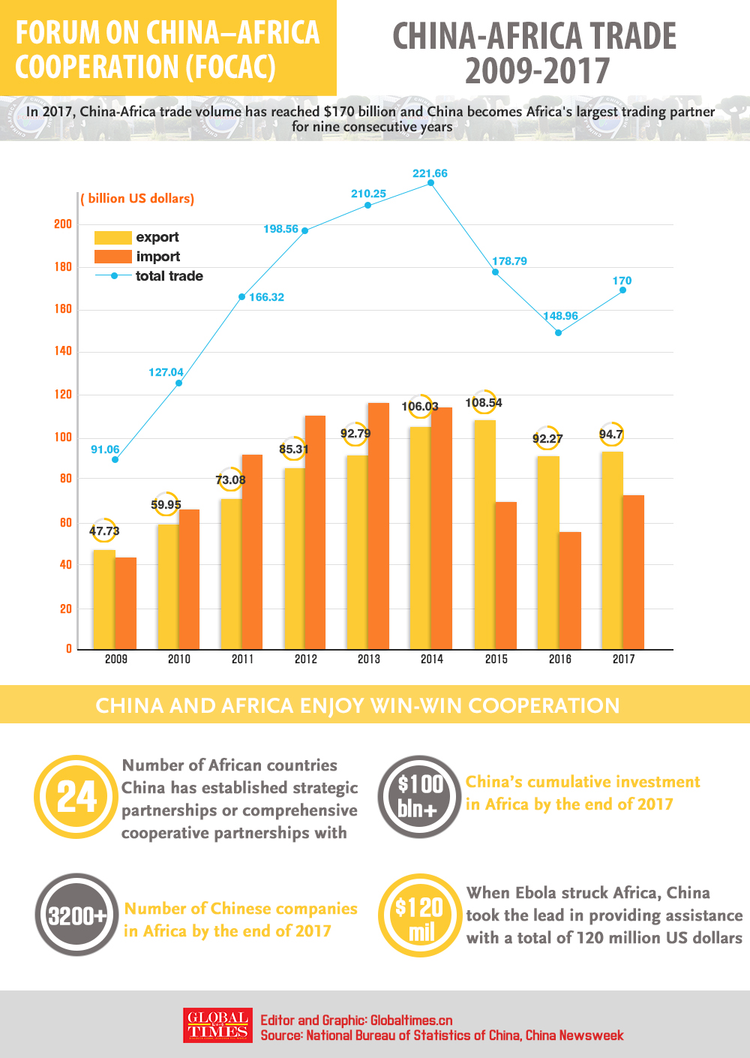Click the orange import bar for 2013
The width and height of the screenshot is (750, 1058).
click(379, 525)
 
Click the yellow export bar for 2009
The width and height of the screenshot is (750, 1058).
click(103, 600)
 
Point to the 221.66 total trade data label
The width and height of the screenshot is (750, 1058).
click(430, 173)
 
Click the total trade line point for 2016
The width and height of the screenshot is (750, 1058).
click(558, 332)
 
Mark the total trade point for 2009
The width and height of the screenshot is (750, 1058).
click(115, 459)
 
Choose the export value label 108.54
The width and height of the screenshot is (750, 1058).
click(484, 403)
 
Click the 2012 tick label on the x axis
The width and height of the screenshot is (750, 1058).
click(305, 659)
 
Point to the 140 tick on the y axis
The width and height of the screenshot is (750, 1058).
click(63, 350)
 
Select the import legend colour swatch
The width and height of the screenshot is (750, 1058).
click(112, 257)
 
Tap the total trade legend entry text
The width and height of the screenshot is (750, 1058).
click(169, 276)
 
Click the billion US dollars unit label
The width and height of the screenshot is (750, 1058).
click(138, 199)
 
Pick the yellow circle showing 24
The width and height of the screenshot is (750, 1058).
click(76, 797)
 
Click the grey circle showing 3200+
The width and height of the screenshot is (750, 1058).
click(76, 915)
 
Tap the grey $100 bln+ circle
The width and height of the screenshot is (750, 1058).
click(419, 796)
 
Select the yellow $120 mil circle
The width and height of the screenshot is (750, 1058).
click(419, 915)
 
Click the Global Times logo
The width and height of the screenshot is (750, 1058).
click(217, 1026)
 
